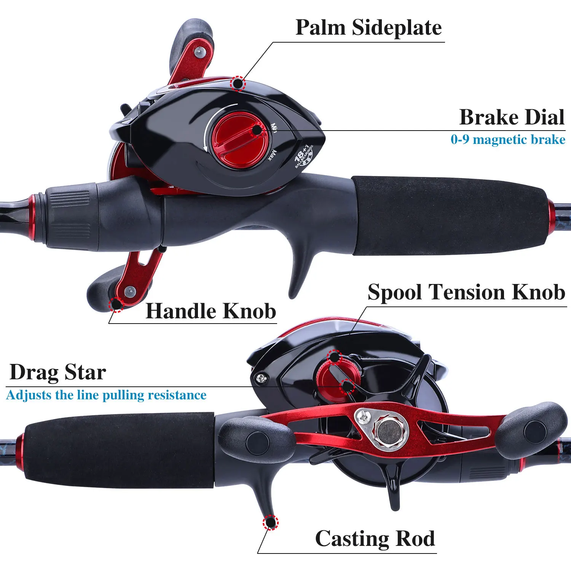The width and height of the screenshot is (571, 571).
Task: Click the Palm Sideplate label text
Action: (x=368, y=28)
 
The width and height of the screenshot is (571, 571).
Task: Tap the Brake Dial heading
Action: (x=512, y=117)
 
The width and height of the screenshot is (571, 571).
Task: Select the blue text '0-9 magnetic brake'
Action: (x=508, y=140)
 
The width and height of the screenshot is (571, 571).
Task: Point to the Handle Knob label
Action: (x=211, y=311)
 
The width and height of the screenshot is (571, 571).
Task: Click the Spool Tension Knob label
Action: (x=466, y=292)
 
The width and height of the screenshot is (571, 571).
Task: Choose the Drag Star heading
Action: (x=58, y=372)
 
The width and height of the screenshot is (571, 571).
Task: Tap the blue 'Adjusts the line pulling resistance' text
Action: (x=106, y=395)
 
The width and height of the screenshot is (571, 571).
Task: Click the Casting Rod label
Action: (x=375, y=539)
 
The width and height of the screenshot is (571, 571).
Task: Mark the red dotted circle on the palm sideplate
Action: (x=238, y=83)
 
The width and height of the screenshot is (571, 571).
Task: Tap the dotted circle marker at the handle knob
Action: (x=116, y=305)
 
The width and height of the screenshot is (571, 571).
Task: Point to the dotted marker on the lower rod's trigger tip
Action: (x=270, y=522)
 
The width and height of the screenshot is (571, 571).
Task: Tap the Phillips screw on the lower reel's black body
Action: (x=261, y=378)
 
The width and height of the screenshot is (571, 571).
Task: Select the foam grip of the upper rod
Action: (x=449, y=215)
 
